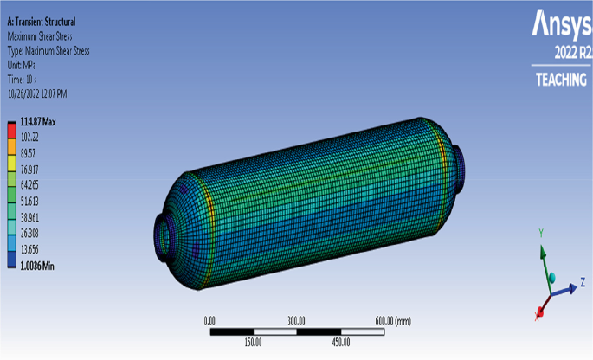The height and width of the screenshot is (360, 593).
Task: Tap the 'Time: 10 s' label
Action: click(26, 78)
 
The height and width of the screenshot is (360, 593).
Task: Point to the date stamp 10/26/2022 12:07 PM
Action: click(49, 92)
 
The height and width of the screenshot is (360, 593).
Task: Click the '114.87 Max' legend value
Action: click(38, 123)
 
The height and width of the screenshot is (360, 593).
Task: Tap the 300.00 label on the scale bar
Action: click(297, 320)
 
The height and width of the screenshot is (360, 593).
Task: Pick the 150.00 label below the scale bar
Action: click(254, 342)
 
